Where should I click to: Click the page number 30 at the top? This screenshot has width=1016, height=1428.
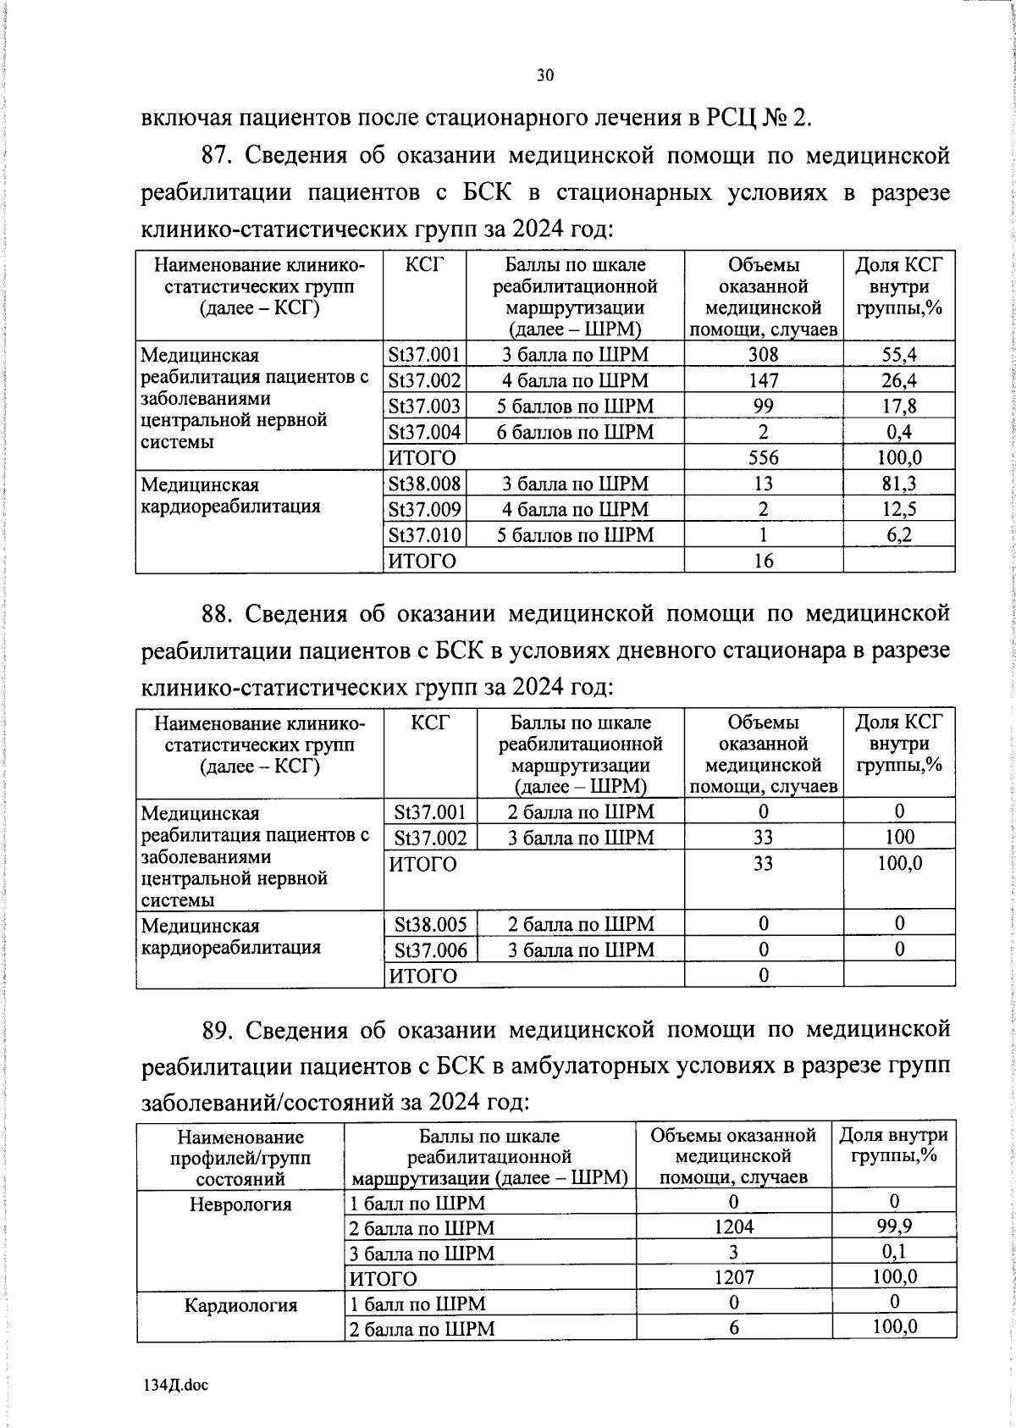pos(545,76)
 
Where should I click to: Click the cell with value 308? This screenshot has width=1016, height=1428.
pos(763,355)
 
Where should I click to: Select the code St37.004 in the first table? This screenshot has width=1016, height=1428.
pos(424,432)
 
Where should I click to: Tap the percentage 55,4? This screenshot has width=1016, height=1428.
pos(899,355)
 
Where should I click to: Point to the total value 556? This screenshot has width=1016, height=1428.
pos(763,458)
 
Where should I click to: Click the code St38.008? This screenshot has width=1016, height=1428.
pos(424,484)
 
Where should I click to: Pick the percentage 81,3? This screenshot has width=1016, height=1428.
pos(899,484)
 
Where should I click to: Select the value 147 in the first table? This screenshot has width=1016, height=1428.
pos(763,380)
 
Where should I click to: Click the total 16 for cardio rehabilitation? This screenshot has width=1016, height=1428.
pos(763,561)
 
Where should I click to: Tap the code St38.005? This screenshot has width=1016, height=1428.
pos(430,924)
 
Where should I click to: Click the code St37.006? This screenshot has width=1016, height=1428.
pos(430,950)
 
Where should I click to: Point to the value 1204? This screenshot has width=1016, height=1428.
pos(733,1227)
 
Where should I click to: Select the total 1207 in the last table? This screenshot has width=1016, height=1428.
pos(733,1277)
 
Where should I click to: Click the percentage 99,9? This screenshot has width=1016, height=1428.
pos(894,1226)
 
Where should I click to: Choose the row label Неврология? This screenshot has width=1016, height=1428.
pos(240,1204)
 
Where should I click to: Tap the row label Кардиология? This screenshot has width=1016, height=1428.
pos(240,1304)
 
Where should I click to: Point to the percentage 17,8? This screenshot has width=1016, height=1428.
pos(899,406)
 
